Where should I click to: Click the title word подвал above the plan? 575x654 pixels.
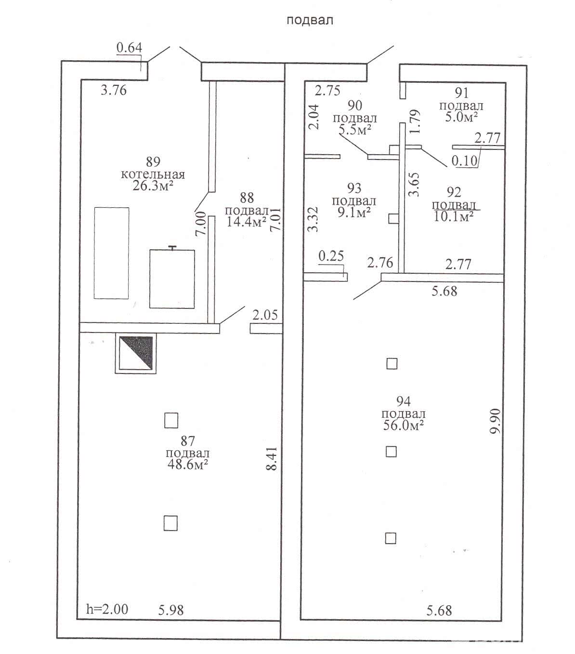point(310,21)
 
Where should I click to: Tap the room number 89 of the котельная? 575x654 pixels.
point(153,161)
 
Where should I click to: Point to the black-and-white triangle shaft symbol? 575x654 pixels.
point(136,353)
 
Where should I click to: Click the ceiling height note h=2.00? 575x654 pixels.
point(107,610)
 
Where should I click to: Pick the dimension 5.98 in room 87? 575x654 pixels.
point(171,610)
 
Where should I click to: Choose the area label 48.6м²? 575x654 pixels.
point(187,465)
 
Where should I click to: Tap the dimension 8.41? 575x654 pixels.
point(272,458)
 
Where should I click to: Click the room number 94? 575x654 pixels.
point(404,401)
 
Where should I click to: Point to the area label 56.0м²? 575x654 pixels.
point(404,426)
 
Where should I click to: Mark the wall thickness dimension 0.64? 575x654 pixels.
point(129,47)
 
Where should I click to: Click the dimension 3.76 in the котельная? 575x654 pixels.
point(114,90)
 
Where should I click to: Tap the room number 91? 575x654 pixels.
point(462,93)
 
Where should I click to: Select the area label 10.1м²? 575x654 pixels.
point(453,216)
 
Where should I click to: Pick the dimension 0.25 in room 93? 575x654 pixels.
point(331,256)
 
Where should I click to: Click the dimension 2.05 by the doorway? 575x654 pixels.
point(265,315)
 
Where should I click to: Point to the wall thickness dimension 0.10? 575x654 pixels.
point(465,160)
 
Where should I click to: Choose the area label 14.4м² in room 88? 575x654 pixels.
point(247,221)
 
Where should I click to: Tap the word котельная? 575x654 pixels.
point(153,174)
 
